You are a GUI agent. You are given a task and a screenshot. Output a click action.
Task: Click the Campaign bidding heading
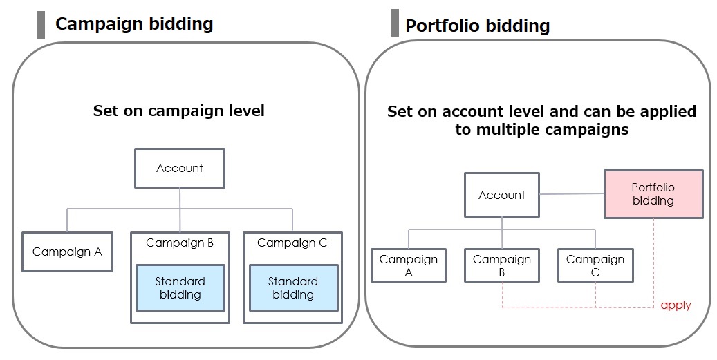133,24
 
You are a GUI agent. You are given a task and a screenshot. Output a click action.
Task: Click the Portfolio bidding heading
477,26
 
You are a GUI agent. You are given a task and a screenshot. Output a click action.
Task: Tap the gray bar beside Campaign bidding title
41,24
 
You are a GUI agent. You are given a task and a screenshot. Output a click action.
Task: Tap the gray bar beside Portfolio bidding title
395,23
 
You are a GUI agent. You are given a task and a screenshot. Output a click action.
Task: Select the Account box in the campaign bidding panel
180,168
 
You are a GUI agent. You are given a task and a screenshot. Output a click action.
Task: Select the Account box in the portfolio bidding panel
502,195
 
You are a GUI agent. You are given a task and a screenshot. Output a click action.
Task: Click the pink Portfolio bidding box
653,194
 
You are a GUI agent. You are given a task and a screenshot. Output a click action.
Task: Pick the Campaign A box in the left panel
67,252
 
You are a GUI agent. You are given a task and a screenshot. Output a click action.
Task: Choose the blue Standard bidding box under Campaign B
180,288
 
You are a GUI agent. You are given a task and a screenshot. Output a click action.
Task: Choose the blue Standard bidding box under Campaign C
293,288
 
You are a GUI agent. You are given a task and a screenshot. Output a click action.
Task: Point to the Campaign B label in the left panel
180,243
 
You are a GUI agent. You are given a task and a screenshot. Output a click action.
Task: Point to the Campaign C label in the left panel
292,243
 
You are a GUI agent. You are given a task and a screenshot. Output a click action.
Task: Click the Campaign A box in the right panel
409,265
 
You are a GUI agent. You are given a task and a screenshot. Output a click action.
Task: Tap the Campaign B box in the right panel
502,265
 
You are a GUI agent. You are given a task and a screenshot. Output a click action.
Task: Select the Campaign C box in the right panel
595,265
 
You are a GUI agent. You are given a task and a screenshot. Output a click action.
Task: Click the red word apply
676,305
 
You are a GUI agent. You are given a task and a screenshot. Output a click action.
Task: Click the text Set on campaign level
179,111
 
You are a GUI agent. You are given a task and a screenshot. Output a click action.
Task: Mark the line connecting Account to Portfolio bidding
572,194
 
